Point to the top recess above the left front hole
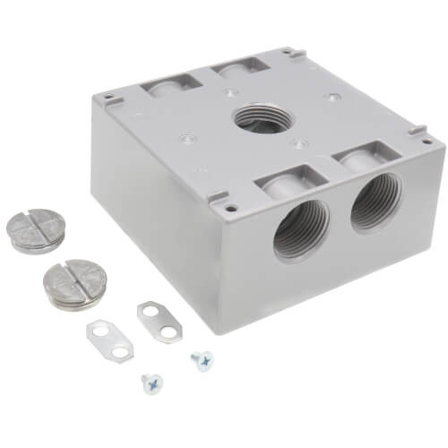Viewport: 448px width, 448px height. (x=287, y=181)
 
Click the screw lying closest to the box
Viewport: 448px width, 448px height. (x=199, y=359)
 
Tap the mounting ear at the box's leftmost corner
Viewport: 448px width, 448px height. (x=107, y=96)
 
